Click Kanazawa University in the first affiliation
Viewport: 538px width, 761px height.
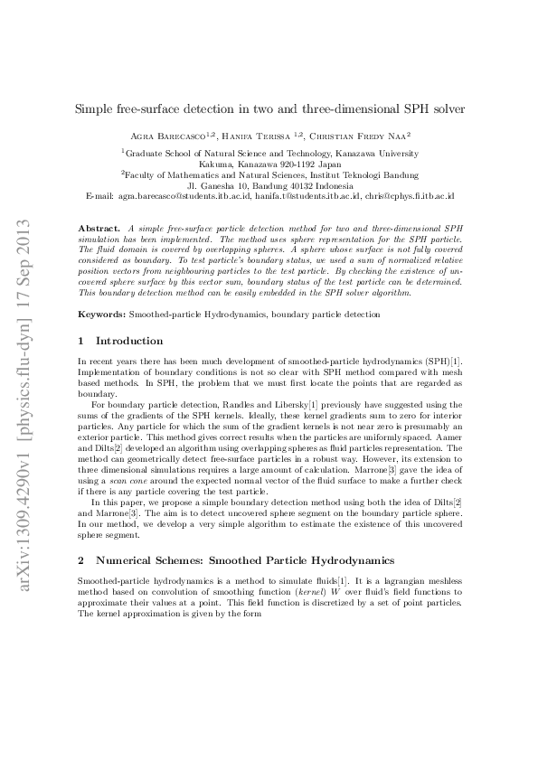[375, 155]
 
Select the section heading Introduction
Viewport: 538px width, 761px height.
[129, 342]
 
